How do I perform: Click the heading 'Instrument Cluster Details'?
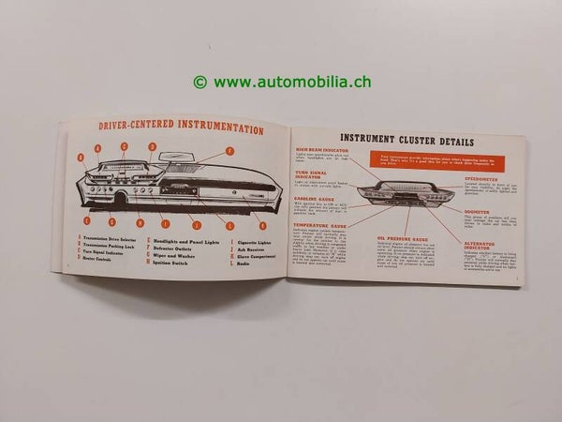point(406,142)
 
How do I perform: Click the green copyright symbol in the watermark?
point(200,83)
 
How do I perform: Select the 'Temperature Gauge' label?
point(318,225)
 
